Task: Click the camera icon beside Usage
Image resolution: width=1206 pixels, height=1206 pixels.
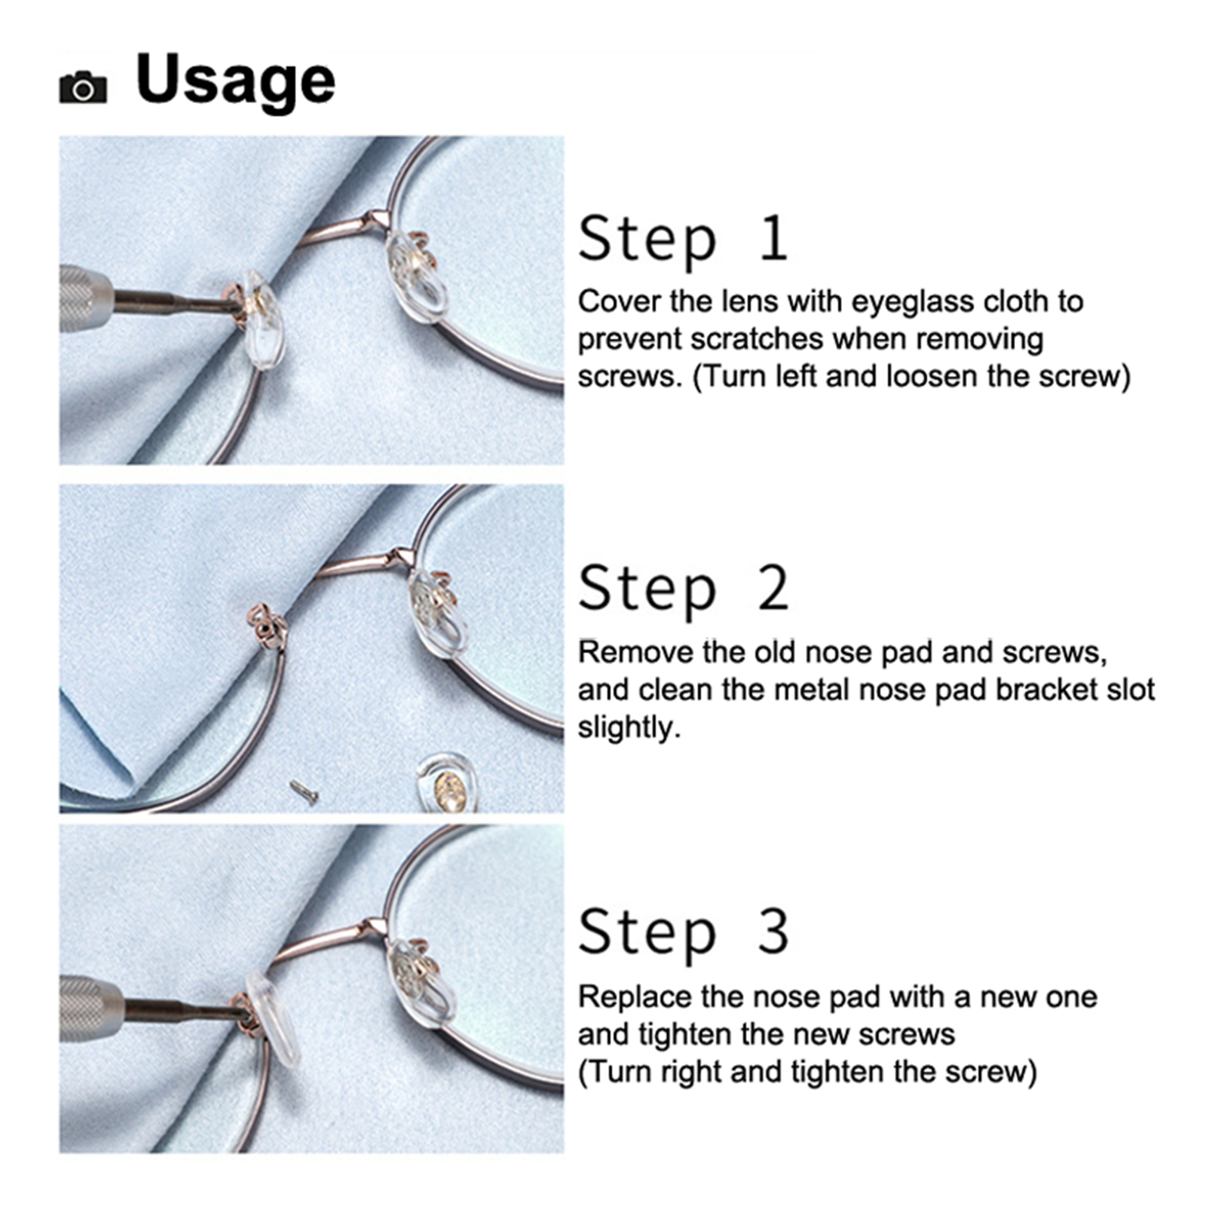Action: point(83,87)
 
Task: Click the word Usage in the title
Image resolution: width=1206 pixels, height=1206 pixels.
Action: point(235,81)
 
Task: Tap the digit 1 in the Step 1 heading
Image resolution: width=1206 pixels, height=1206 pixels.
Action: point(773,238)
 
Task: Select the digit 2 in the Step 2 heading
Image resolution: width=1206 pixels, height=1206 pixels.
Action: point(773,588)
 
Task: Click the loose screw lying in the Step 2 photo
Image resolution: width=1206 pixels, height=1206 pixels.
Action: point(304,791)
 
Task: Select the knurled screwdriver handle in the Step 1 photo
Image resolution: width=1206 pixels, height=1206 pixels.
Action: point(85,298)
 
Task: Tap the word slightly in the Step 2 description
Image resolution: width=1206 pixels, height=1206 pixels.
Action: point(629,727)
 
